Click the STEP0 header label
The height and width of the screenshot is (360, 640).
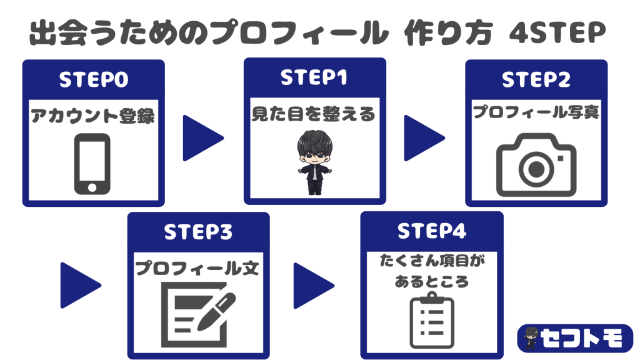click(x=94, y=79)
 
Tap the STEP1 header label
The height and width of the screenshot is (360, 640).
click(x=314, y=77)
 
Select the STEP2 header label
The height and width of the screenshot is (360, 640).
click(x=536, y=79)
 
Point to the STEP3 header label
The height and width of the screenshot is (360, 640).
click(x=198, y=232)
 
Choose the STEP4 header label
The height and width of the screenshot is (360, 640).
click(x=432, y=231)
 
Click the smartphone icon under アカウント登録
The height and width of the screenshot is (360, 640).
click(x=92, y=164)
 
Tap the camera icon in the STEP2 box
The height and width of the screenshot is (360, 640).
click(x=536, y=165)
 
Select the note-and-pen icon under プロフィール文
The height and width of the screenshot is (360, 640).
click(x=198, y=314)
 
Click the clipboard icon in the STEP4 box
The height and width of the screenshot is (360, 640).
click(x=432, y=321)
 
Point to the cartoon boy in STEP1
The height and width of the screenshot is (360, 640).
click(x=314, y=162)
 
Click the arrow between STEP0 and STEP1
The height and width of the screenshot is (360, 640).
click(x=203, y=138)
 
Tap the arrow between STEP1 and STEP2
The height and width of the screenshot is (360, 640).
click(x=424, y=138)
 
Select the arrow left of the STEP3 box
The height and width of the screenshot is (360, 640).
click(x=81, y=285)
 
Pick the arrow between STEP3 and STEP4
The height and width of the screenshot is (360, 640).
click(x=314, y=286)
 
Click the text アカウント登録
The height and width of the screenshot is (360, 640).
click(x=93, y=116)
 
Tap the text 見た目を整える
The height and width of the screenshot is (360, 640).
click(x=314, y=114)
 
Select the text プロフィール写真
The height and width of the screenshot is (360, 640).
click(x=536, y=112)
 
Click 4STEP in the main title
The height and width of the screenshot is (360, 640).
click(x=557, y=32)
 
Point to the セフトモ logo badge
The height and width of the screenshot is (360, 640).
click(x=575, y=338)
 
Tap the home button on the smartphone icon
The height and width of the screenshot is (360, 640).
click(x=92, y=187)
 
